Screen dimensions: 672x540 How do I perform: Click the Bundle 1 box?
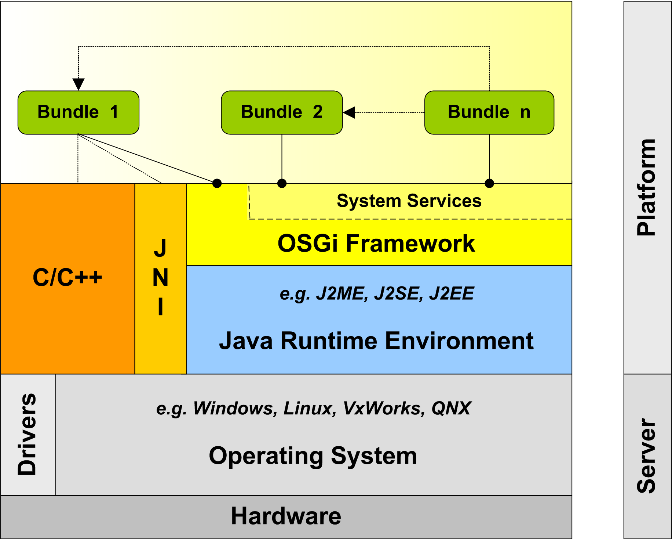tap(78, 112)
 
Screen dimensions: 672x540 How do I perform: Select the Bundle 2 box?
tap(282, 112)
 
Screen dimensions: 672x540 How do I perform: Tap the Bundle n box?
tap(489, 112)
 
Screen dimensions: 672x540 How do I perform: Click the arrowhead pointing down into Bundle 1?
tap(78, 84)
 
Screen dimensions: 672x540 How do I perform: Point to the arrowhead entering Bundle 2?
tap(349, 112)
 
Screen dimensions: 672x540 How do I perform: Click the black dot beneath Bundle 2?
tap(282, 183)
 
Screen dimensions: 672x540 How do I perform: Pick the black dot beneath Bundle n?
tap(489, 183)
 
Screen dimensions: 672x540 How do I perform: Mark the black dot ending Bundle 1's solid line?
tap(217, 183)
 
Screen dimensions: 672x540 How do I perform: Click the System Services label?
tap(409, 201)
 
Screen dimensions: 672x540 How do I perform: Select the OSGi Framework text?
tap(376, 243)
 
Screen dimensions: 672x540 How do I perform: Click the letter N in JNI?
tap(161, 277)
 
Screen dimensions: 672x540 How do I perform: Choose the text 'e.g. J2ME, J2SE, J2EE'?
tap(377, 294)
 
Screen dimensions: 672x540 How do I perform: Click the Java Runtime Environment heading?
tap(376, 341)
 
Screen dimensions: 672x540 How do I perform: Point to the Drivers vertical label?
tap(28, 435)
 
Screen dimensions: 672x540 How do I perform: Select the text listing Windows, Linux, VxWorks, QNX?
tap(314, 408)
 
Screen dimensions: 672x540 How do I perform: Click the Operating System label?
tap(313, 456)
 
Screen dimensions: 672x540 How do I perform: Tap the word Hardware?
tap(286, 516)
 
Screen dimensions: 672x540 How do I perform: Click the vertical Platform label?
tap(646, 187)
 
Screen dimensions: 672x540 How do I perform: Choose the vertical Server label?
tap(646, 456)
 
